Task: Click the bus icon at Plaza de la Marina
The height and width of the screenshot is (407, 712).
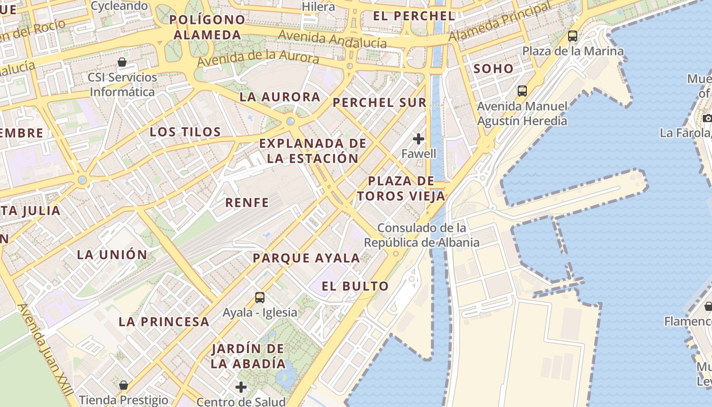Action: pos(573,36)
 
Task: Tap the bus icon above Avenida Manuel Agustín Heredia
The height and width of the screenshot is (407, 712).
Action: pos(522,91)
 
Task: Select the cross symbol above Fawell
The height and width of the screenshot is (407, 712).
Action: pos(419,138)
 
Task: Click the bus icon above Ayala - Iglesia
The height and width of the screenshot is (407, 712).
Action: pos(260,298)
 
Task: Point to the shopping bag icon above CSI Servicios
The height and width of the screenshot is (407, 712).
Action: pos(122,63)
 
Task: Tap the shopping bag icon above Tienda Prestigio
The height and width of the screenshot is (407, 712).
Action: pos(123,385)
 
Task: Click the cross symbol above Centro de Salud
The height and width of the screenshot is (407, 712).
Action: pos(241,387)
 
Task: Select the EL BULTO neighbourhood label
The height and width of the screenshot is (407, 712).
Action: pos(355,286)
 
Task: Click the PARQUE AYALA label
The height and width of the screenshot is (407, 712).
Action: pos(306,258)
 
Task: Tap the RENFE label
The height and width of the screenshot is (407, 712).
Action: pos(247,202)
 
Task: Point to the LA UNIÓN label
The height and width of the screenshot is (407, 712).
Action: pos(112,254)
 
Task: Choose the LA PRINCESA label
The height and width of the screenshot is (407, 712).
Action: pos(164,322)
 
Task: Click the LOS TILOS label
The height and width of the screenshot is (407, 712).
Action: pos(185,132)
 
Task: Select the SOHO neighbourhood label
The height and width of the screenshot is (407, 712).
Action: pos(493,69)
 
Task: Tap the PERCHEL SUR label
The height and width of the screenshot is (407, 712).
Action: pos(379,102)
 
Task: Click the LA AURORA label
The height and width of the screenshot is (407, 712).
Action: pos(280,97)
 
